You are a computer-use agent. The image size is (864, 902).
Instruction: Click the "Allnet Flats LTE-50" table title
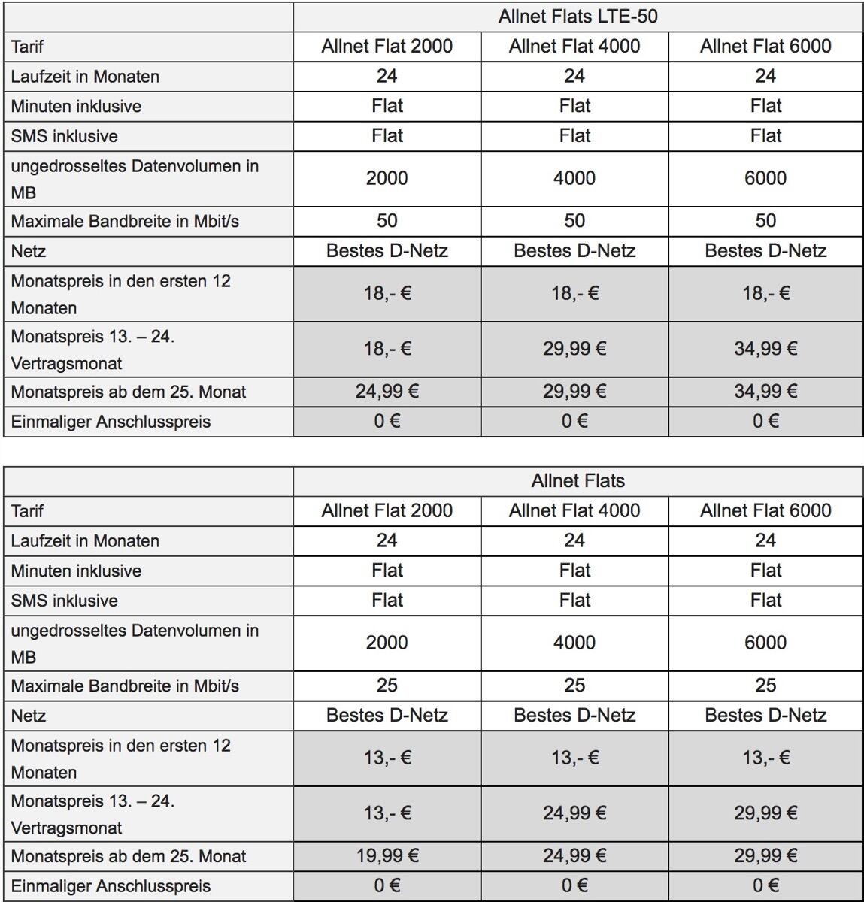click(x=578, y=17)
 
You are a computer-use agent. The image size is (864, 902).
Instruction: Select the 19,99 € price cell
click(x=387, y=855)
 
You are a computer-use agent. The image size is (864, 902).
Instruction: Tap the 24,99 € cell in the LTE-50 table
click(x=387, y=391)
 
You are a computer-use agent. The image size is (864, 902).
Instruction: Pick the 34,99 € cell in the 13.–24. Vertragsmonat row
click(x=765, y=349)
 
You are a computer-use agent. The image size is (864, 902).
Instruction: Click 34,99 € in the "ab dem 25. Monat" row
click(x=765, y=391)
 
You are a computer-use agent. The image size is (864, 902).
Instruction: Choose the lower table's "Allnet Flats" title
click(x=578, y=481)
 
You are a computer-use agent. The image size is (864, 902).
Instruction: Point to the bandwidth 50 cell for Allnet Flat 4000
click(x=574, y=221)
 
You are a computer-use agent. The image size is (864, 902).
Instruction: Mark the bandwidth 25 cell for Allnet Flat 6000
click(x=765, y=686)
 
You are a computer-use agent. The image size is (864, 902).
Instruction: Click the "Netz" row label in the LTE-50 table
click(x=29, y=251)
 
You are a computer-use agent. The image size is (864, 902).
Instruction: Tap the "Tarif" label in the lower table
click(x=28, y=511)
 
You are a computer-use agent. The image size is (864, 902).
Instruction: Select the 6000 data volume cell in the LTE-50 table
click(x=765, y=178)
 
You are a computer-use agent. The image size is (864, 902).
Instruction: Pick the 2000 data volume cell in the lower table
click(x=387, y=643)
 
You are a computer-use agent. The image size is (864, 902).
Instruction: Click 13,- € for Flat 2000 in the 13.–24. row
click(x=387, y=813)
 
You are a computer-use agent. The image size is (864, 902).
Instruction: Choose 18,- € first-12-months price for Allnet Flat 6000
click(x=765, y=293)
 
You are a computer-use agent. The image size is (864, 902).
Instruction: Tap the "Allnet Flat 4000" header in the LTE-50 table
click(x=574, y=47)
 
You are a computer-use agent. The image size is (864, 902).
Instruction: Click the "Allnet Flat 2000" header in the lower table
click(x=387, y=511)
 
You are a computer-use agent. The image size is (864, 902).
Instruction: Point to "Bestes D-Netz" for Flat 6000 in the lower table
click(x=765, y=716)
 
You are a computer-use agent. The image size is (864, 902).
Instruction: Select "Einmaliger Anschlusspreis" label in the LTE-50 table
click(x=111, y=422)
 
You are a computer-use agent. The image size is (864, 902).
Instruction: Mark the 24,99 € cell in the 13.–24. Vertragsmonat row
click(x=574, y=813)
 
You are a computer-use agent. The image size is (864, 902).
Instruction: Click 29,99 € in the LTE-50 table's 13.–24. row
click(x=574, y=349)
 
